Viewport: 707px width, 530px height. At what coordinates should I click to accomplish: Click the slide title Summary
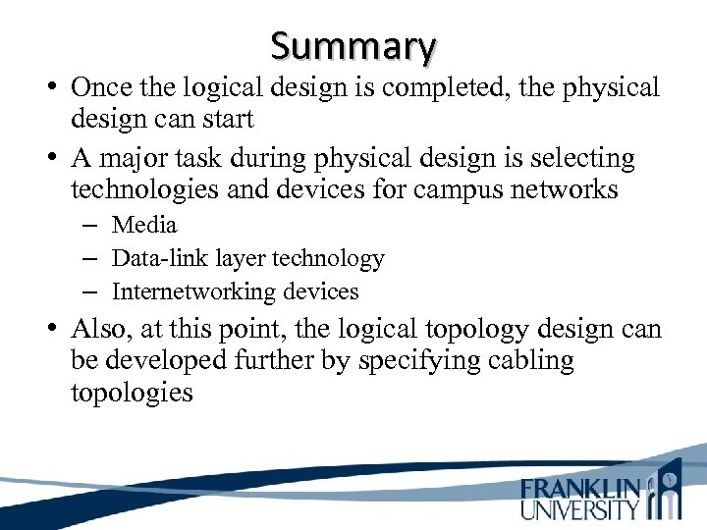tap(353, 45)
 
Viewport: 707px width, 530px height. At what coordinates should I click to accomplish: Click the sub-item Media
tap(144, 225)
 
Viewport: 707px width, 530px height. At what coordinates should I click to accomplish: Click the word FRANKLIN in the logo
tap(580, 489)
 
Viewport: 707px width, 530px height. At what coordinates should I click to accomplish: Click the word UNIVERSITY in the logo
tap(580, 509)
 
